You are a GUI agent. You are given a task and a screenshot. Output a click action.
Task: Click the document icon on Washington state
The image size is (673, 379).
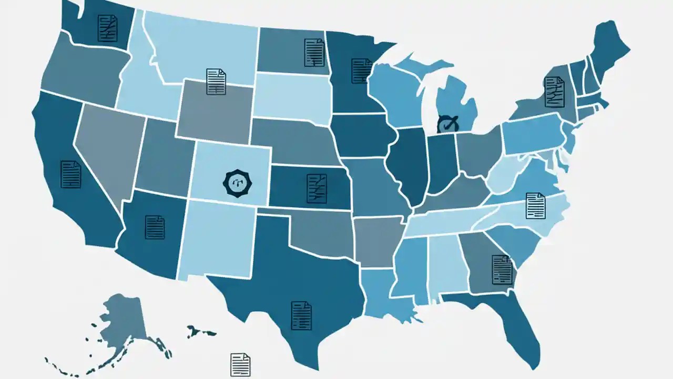coord(108,28)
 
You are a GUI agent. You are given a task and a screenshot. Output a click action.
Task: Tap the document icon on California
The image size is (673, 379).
coord(71,174)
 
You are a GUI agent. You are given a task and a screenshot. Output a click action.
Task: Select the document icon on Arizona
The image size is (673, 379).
coord(155,227)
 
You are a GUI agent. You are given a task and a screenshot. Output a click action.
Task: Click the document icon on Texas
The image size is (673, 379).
coord(301,315)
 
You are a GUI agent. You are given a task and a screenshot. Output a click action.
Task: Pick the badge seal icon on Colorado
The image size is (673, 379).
coord(235,183)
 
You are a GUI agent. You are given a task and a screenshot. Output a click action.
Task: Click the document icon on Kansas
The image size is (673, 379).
coord(317,188)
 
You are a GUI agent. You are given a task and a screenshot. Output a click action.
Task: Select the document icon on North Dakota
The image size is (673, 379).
coord(314,52)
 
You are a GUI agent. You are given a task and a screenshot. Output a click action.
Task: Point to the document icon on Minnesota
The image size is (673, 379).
coord(362,71)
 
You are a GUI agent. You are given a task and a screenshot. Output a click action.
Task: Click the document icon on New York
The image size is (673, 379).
coord(554,92)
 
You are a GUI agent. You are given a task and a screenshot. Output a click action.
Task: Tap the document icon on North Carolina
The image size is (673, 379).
coord(536,206)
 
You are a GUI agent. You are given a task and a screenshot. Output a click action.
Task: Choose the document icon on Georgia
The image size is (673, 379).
coord(502,270)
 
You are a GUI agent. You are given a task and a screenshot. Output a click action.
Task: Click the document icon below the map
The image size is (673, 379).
coord(240,364)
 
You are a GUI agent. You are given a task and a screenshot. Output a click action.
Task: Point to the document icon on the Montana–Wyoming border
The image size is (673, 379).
coord(216,82)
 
